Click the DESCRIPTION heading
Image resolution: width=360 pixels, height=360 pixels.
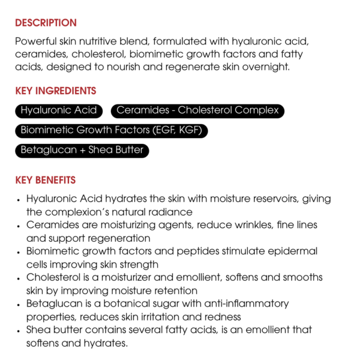pos(46,23)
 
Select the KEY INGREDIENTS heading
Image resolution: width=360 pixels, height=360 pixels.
pos(55,91)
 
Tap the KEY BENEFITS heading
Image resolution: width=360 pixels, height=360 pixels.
pos(46,180)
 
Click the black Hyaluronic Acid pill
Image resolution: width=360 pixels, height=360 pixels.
pos(58,110)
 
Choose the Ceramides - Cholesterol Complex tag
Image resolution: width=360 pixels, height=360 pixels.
pos(197,110)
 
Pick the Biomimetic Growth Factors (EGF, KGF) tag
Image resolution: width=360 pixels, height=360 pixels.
pos(111,130)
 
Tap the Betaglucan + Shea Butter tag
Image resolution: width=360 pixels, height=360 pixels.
pos(82,150)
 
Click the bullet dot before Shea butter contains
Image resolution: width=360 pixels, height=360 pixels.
pos(20,331)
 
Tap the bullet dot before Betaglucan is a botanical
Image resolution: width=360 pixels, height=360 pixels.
pos(20,304)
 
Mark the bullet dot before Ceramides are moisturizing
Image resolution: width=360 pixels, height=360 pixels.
pos(20,226)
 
